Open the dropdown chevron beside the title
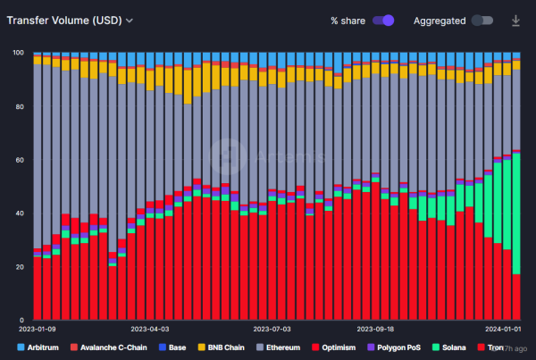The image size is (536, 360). pyautogui.click(x=130, y=20)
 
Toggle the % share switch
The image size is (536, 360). pyautogui.click(x=384, y=20)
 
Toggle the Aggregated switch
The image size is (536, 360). pyautogui.click(x=482, y=20)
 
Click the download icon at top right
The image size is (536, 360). pyautogui.click(x=515, y=20)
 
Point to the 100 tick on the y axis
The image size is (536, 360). pyautogui.click(x=17, y=53)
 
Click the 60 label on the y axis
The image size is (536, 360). pyautogui.click(x=19, y=160)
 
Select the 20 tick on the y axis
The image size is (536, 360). pyautogui.click(x=19, y=267)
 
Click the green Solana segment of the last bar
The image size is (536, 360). pyautogui.click(x=516, y=214)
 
